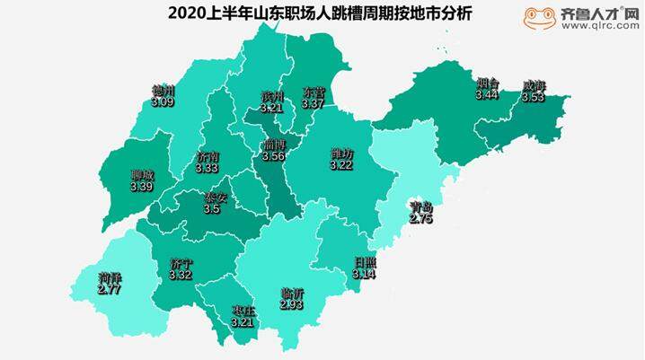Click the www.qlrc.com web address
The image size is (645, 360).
[x=599, y=26]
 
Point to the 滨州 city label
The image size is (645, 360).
[x=271, y=95]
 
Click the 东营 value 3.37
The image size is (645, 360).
[x=313, y=104]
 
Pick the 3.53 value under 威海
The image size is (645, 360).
[x=534, y=98]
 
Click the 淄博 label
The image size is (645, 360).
[x=274, y=145]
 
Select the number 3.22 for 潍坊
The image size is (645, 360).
[x=342, y=166]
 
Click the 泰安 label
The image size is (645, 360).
[x=213, y=198]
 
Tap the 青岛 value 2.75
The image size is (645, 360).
[x=421, y=218]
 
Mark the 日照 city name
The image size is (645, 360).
[x=366, y=261]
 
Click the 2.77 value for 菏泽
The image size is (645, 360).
[x=110, y=291]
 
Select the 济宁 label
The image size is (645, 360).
[x=181, y=263]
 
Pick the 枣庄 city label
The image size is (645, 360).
[x=243, y=312]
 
